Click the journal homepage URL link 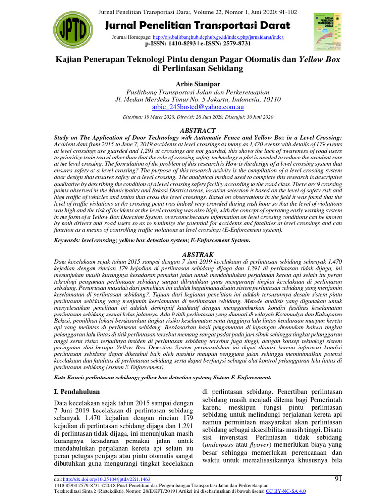coord(218,37)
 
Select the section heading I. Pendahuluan coord(76,392)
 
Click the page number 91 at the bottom coord(338,478)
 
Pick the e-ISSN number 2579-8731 coord(234,44)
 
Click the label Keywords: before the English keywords coord(69,241)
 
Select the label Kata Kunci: coord(69,377)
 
